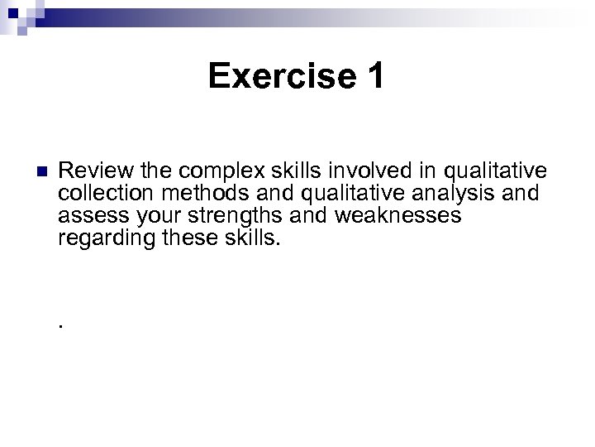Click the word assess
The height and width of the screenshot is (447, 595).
pos(87,216)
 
